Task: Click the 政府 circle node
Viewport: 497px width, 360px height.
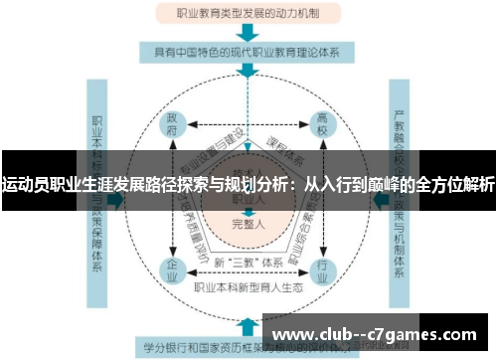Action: (172, 125)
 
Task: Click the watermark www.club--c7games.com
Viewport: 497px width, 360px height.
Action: (378, 332)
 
